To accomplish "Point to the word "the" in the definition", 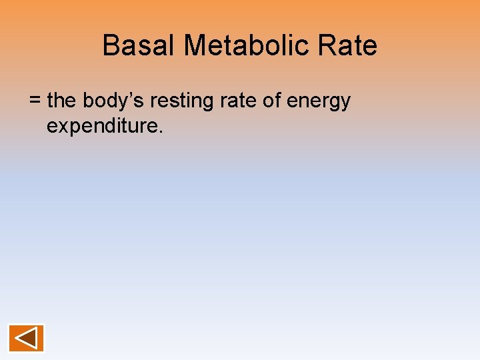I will pos(62,101).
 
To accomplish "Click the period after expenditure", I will pos(160,131).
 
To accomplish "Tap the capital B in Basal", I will pos(111,46).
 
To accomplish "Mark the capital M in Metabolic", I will pos(195,46).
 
